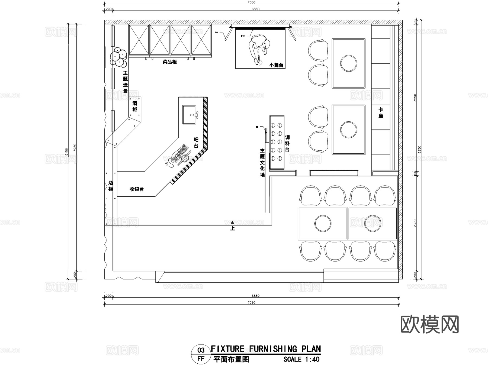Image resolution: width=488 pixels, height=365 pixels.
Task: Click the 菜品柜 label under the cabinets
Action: click(x=169, y=62)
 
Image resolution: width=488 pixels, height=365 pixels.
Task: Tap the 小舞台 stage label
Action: click(x=276, y=65)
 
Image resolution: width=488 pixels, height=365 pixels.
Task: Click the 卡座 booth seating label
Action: click(x=381, y=113)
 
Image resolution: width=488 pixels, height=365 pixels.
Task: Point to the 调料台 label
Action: click(x=287, y=143)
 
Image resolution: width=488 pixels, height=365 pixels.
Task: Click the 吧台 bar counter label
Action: click(x=196, y=143)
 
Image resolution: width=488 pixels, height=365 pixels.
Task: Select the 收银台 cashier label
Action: click(x=136, y=189)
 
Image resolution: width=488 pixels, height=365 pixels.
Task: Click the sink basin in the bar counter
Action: click(x=189, y=115)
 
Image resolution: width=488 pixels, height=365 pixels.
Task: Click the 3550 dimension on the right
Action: click(x=415, y=98)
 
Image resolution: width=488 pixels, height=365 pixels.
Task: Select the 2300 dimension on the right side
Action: click(x=415, y=223)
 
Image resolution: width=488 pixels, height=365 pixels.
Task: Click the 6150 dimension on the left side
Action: click(x=66, y=152)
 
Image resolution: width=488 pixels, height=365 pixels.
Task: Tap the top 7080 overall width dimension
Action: click(x=251, y=2)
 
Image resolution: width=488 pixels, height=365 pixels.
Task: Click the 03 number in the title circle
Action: click(x=201, y=350)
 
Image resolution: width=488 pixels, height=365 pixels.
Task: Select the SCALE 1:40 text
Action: click(x=301, y=360)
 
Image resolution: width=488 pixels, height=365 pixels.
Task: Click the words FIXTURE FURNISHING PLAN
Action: click(x=266, y=349)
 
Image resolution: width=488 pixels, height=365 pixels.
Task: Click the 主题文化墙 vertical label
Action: click(x=262, y=163)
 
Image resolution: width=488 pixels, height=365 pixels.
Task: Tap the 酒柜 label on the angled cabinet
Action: click(x=135, y=106)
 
